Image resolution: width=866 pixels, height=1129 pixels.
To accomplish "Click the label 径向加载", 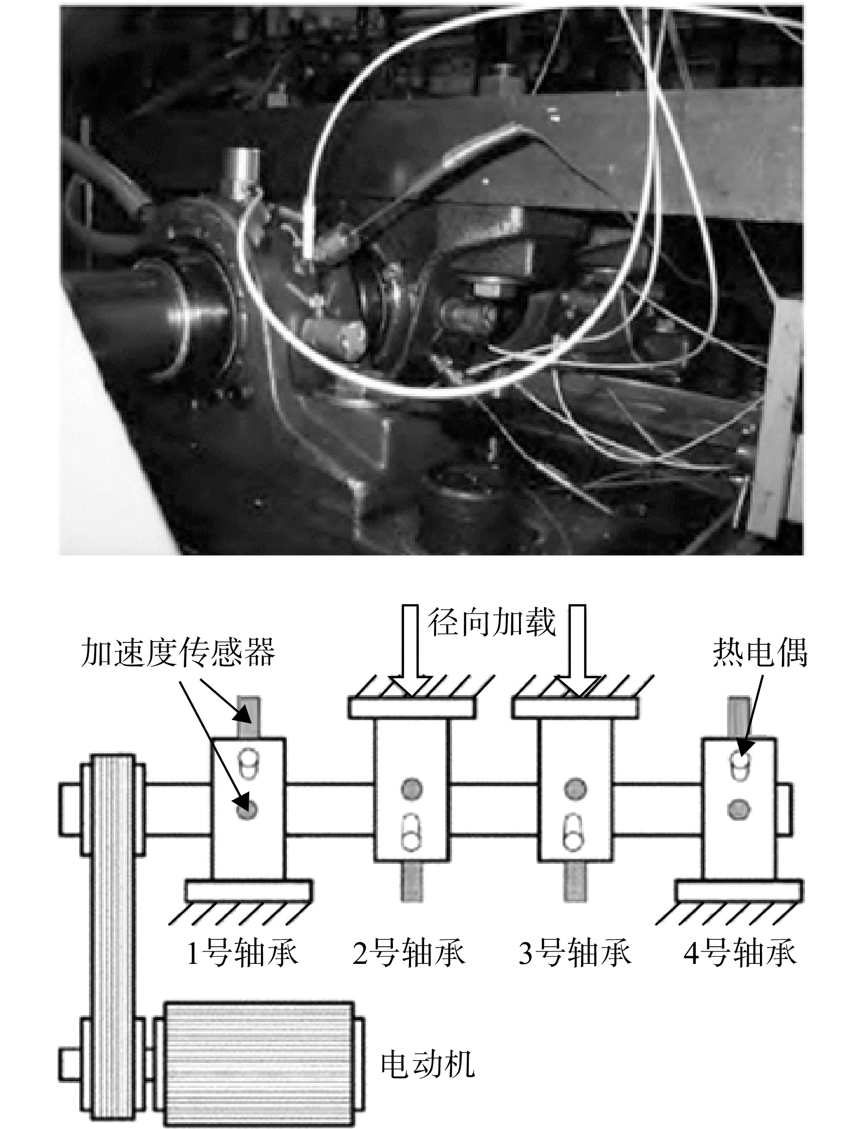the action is [492, 622].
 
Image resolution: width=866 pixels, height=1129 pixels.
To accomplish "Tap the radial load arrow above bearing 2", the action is [411, 650].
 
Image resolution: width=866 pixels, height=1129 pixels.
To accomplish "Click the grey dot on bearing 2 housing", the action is [411, 788].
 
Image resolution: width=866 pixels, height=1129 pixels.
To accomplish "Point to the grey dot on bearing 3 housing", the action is [575, 788].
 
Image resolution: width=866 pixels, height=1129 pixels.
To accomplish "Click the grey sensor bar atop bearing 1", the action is [248, 717].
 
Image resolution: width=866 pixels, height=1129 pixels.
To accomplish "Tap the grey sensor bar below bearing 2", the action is [411, 882].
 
